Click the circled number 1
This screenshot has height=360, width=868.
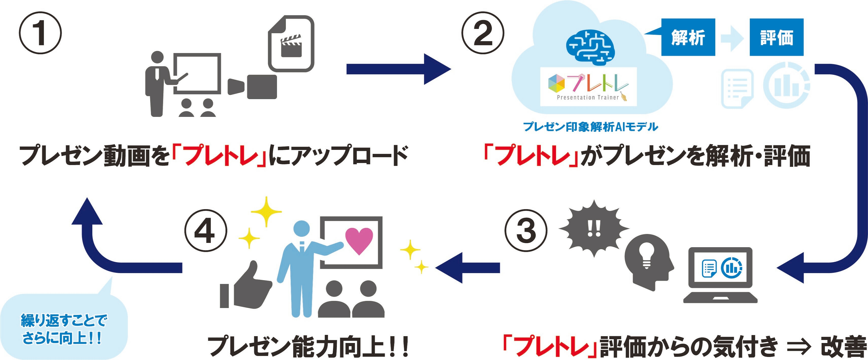[40, 33]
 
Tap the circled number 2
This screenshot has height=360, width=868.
[482, 33]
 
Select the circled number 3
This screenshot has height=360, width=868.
[526, 231]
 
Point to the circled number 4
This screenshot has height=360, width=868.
[205, 231]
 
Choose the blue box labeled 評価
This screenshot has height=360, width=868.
[776, 37]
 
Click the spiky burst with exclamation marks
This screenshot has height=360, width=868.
[594, 229]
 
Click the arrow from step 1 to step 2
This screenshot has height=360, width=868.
[398, 69]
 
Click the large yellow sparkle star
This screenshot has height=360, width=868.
[266, 211]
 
